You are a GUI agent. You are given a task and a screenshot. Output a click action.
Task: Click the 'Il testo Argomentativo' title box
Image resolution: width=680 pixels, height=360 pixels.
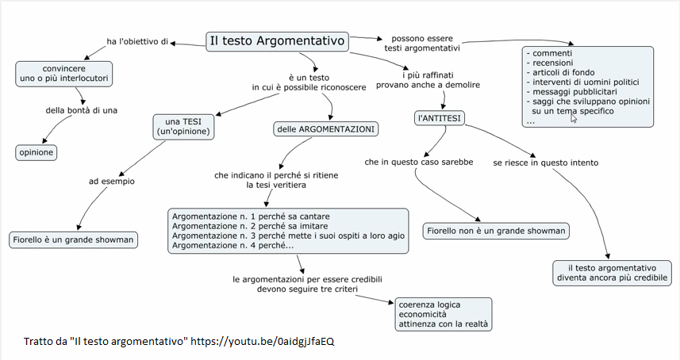click(x=277, y=41)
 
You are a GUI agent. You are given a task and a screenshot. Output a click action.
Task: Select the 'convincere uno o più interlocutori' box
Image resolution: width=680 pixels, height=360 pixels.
click(x=64, y=74)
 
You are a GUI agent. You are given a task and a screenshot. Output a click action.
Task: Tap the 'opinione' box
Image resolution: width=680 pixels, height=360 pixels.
click(x=36, y=152)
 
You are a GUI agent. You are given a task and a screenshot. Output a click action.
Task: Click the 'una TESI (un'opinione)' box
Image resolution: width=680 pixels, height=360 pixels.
click(x=183, y=127)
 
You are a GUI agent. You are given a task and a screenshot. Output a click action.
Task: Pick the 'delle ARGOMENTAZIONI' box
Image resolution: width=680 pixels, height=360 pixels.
click(x=325, y=129)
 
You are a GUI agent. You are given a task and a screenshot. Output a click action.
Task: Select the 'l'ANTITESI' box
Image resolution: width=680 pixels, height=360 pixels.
click(x=440, y=118)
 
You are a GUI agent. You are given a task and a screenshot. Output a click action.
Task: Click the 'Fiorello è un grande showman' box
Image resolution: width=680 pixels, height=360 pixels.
click(x=73, y=240)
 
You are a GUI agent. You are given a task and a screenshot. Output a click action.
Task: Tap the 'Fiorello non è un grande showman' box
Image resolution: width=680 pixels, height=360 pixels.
click(x=496, y=231)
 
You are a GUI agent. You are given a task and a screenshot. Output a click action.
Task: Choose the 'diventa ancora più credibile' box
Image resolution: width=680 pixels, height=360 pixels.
click(x=612, y=273)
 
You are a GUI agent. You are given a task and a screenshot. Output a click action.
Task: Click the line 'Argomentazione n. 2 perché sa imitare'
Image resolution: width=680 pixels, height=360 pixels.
click(x=250, y=226)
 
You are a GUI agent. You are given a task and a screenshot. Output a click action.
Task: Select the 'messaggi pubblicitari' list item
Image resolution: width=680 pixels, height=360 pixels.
click(x=571, y=92)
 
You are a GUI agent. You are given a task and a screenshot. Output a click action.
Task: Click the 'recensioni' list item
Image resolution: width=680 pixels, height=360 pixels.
click(x=550, y=63)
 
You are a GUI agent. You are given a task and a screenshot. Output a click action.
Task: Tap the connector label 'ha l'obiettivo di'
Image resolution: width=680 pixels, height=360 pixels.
click(x=137, y=41)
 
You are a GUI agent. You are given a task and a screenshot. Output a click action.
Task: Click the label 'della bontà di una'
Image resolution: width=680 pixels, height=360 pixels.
click(x=82, y=110)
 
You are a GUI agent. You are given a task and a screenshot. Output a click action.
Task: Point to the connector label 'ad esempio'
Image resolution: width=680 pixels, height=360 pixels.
click(x=112, y=182)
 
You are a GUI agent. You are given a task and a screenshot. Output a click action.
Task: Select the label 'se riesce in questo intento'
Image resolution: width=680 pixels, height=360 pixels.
click(x=546, y=163)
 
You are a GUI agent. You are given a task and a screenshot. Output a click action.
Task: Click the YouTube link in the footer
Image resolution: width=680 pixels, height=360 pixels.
click(x=263, y=342)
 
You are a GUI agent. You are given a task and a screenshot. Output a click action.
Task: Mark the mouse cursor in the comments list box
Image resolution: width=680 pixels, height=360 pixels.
click(x=574, y=117)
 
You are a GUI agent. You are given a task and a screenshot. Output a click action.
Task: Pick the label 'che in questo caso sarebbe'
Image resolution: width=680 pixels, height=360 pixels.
click(x=418, y=162)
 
